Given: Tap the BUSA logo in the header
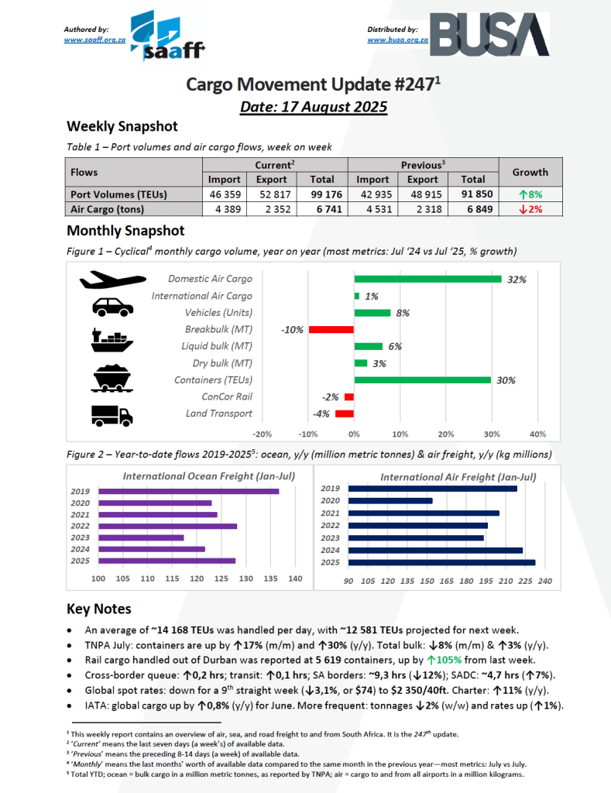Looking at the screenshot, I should coord(489,35).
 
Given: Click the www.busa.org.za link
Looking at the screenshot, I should coord(398,39).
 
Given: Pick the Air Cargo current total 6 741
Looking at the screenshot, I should coord(323,209).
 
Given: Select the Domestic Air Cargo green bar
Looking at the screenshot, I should coord(427,279).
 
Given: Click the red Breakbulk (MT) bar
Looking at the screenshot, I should coord(331,329).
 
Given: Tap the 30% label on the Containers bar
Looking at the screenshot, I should coord(506,380).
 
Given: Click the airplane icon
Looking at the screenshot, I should coord(112,280).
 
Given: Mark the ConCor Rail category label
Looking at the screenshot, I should coord(227,396).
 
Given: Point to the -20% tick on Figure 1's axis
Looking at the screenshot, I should coord(263,434).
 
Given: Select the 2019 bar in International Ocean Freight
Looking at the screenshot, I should coord(188,491).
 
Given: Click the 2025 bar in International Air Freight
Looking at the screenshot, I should coord(441,562).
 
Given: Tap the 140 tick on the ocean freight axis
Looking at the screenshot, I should coord(295,579).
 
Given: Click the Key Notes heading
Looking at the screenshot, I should coord(98,609).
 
